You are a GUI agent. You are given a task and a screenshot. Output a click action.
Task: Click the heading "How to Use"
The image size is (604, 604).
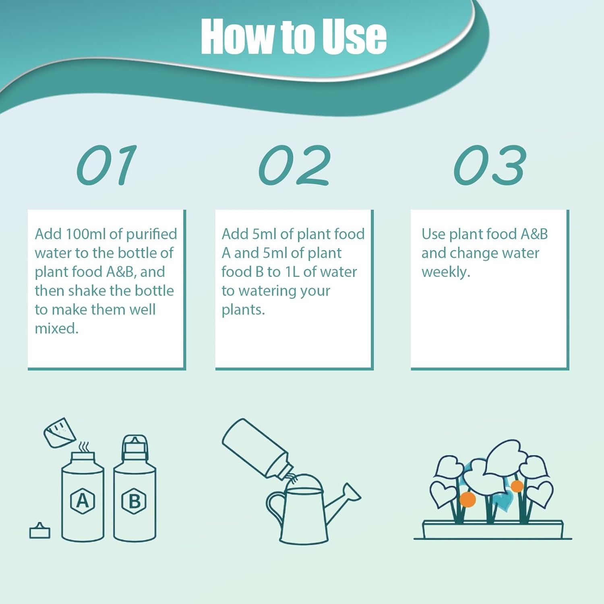tap(294, 36)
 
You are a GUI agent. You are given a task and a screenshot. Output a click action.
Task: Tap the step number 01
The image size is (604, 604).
tap(106, 165)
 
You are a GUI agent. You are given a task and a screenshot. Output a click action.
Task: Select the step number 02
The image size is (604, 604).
tap(294, 165)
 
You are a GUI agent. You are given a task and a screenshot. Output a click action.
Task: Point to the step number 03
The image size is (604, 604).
tap(490, 165)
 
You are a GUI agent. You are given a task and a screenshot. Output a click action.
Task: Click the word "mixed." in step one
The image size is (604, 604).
tap(57, 329)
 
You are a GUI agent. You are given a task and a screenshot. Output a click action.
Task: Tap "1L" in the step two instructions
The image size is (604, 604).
tap(292, 272)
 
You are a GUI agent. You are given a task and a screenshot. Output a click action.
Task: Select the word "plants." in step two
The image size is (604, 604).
tap(243, 310)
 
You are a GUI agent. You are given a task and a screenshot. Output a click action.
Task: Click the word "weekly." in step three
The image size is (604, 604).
tap(446, 272)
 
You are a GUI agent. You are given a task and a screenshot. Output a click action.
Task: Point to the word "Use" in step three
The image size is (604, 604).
tap(433, 234)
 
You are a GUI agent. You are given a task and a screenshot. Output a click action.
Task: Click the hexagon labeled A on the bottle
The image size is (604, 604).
tap(83, 501)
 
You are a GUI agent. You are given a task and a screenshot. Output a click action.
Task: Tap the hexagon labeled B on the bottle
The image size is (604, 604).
tap(134, 501)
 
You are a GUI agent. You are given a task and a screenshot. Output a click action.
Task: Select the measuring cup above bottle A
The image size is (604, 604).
tap(60, 432)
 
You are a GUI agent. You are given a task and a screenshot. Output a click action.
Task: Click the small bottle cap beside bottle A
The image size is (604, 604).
tap(40, 530)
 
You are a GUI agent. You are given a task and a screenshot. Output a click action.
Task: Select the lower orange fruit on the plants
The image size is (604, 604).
tap(467, 499)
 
